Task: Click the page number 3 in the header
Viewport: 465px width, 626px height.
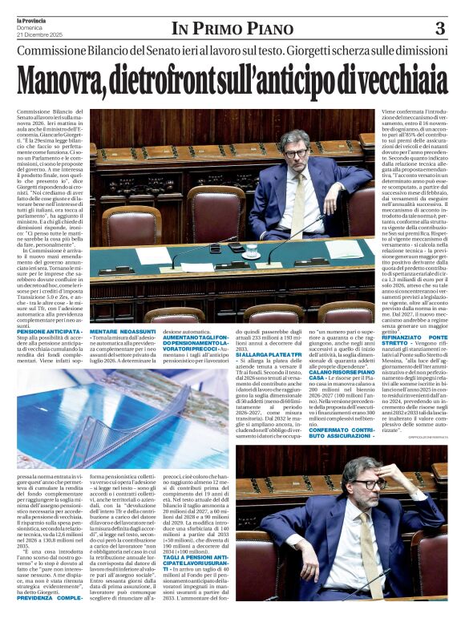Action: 439,29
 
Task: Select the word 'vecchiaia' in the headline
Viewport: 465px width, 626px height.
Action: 402,81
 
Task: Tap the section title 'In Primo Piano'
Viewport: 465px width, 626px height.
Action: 232,29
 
